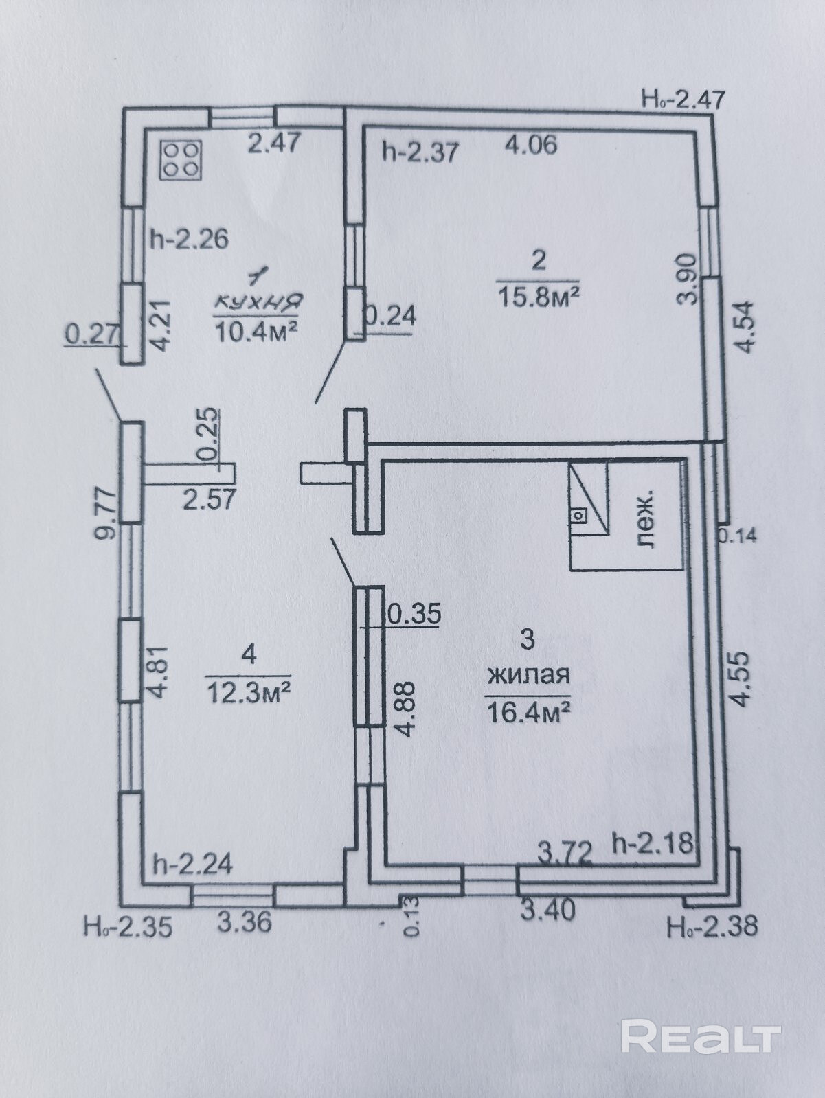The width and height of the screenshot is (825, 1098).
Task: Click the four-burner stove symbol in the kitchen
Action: pos(180,160)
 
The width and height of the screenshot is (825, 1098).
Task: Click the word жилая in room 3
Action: pos(528,675)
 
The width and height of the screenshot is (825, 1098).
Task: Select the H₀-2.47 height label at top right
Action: pos(683,100)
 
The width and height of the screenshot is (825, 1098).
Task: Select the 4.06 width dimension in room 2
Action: pos(530,145)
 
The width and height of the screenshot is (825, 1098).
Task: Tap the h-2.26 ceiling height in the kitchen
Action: pos(189,239)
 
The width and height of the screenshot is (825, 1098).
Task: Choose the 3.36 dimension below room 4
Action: pos(245,922)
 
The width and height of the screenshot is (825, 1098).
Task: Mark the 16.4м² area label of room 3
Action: pos(528,711)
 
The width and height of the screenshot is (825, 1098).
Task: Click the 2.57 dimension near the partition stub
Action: pos(209,498)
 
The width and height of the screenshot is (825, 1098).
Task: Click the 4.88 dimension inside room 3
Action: pos(407,708)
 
